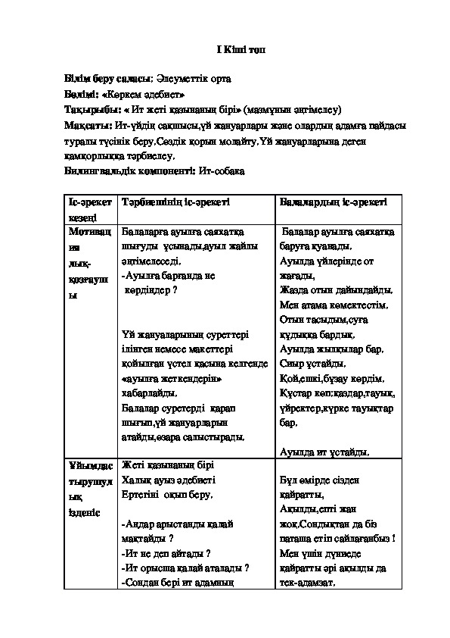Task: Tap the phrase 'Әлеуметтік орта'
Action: click(x=193, y=78)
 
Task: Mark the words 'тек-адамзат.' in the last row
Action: click(x=306, y=583)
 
